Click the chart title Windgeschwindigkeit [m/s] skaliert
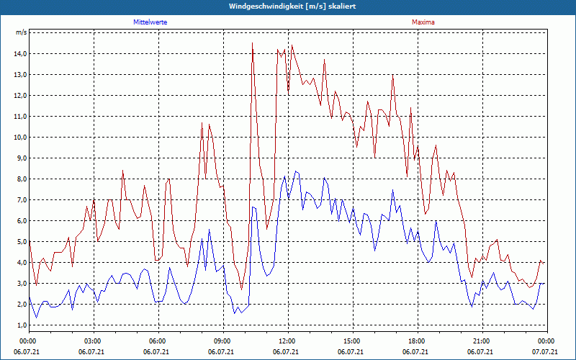[x=288, y=6]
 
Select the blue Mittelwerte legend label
[x=150, y=22]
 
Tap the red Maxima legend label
[x=423, y=22]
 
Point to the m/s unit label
[x=22, y=32]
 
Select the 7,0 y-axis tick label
[x=20, y=199]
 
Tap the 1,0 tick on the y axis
[x=20, y=325]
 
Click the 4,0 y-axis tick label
[x=20, y=262]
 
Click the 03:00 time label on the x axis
[x=92, y=341]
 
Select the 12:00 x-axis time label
[x=287, y=341]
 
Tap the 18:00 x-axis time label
[x=416, y=341]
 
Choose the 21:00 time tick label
[x=481, y=341]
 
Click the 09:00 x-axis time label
[x=222, y=341]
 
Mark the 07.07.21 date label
[x=546, y=352]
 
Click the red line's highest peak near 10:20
[x=252, y=43]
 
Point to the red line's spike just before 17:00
[x=392, y=75]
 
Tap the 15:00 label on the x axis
[x=351, y=341]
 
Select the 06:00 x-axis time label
[x=157, y=341]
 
